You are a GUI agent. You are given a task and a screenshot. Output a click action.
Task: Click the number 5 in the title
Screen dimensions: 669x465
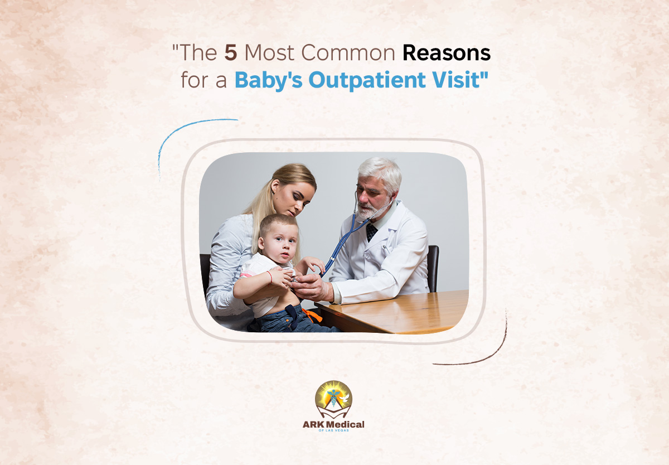[231, 52]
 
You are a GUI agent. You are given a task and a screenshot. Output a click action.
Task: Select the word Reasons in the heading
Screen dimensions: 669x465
[447, 53]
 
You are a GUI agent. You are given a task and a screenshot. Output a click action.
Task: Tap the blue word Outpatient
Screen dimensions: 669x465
[367, 80]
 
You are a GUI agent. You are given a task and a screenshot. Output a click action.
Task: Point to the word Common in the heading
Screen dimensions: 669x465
[348, 53]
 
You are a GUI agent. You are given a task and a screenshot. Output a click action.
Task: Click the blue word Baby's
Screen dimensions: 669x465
[269, 81]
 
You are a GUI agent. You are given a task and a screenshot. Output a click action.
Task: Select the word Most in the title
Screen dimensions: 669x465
[269, 53]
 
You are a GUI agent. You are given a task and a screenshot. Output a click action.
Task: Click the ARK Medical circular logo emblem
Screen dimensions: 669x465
[333, 399]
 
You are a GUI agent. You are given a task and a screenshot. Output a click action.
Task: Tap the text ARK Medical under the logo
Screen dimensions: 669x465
[333, 424]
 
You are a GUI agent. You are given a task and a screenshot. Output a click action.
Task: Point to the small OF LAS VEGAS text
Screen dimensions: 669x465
[333, 430]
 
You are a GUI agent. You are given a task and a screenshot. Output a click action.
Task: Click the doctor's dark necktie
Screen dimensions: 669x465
[371, 232]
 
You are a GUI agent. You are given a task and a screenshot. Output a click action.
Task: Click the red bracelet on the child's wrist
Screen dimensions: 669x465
[270, 277]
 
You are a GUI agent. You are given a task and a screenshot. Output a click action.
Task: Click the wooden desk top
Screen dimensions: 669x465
[394, 312]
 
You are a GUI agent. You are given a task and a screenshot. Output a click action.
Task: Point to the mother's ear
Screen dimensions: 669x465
[274, 186]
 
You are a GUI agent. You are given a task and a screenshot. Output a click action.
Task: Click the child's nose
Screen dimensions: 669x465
[285, 248]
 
